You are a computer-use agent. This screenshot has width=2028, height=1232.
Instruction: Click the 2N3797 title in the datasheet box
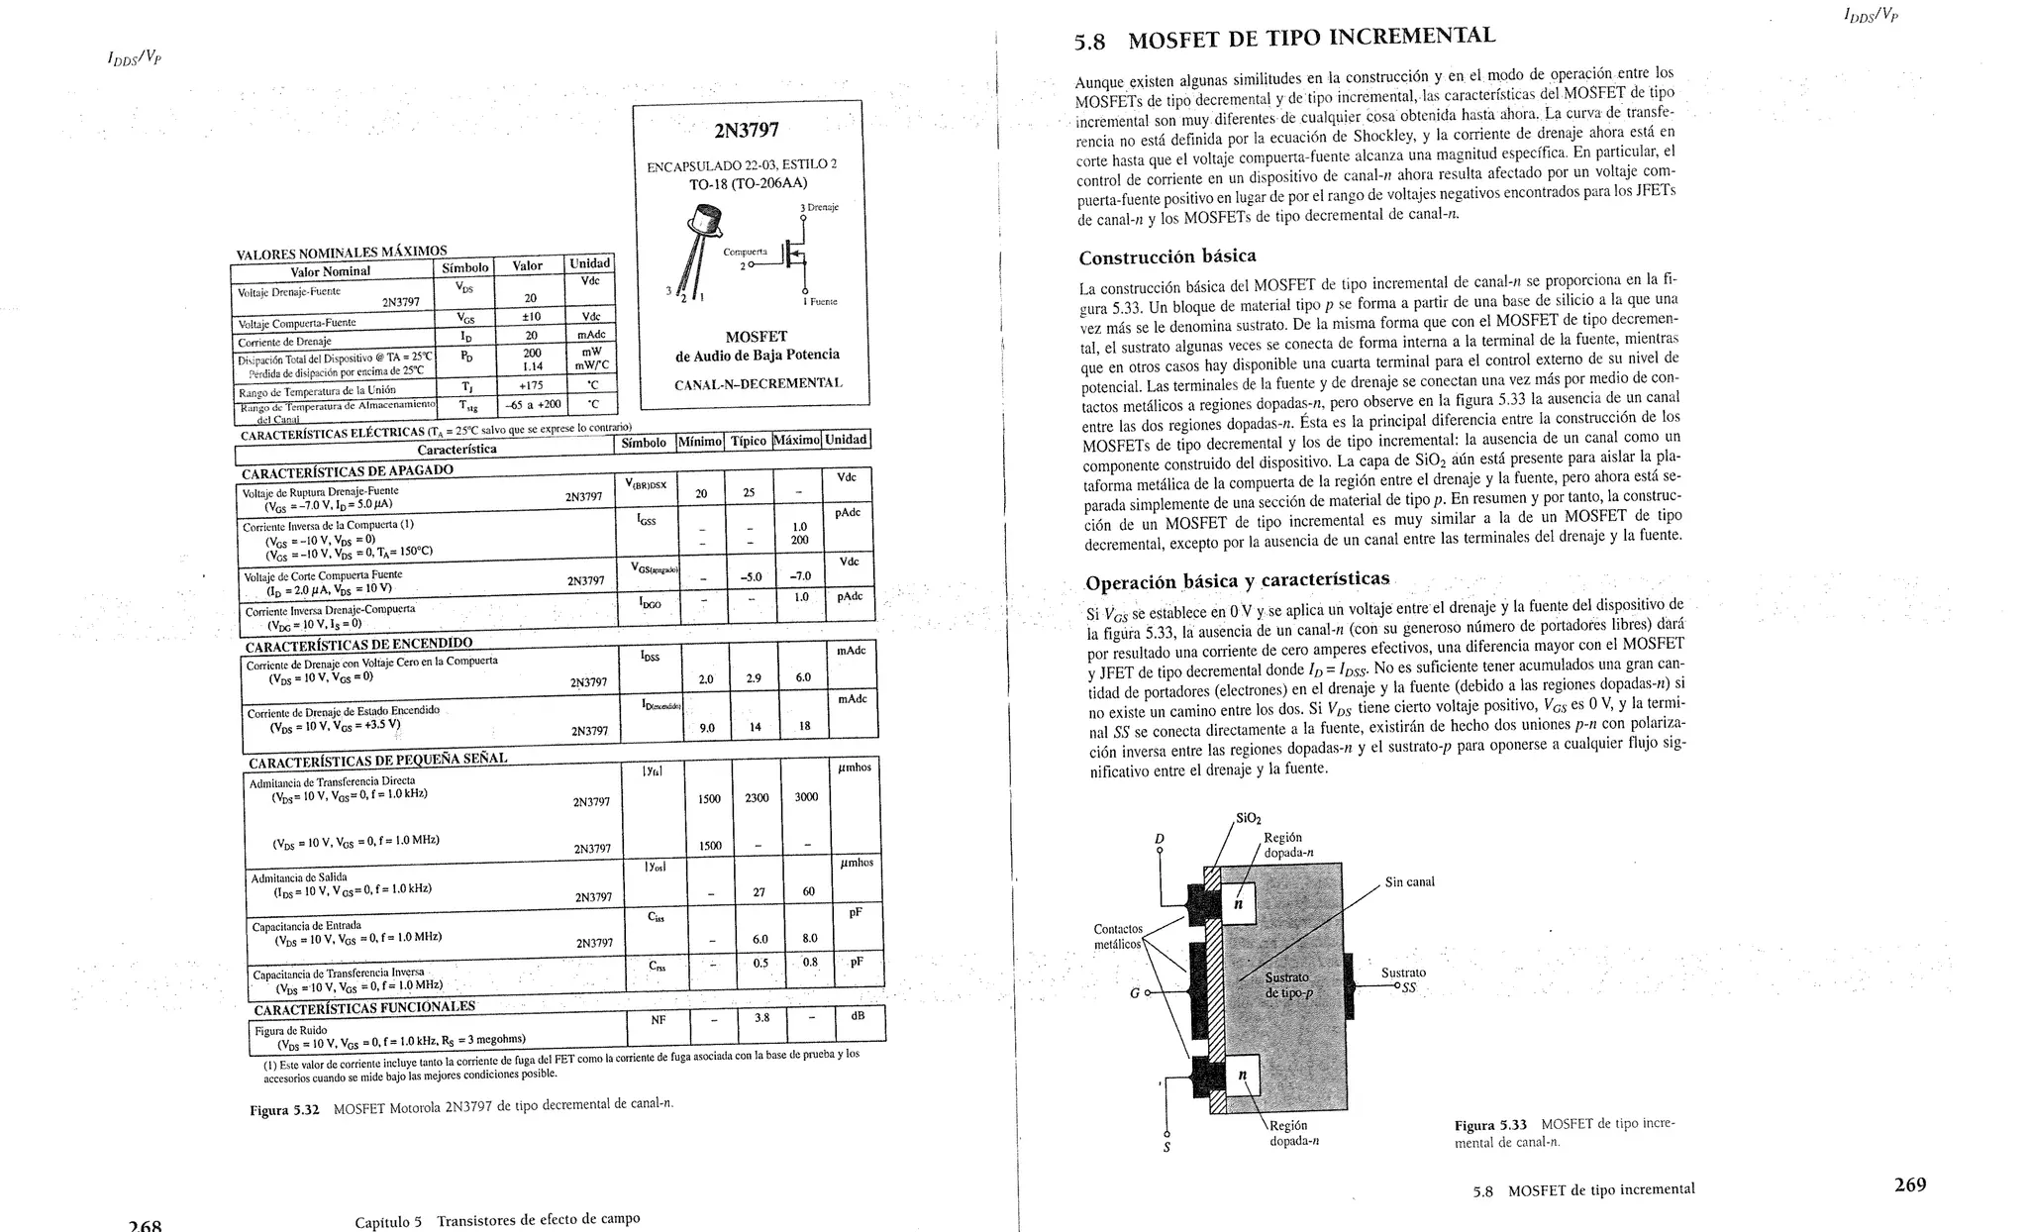pyautogui.click(x=746, y=131)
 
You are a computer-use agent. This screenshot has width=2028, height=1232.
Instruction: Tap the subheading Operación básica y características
pyautogui.click(x=1237, y=580)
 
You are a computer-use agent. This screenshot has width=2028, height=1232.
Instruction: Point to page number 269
pyautogui.click(x=1909, y=1184)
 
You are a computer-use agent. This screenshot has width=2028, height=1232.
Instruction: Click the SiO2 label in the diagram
pyautogui.click(x=1248, y=819)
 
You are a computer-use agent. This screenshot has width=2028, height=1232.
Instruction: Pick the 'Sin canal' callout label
pyautogui.click(x=1409, y=881)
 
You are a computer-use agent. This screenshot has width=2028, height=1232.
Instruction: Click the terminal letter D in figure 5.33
pyautogui.click(x=1160, y=839)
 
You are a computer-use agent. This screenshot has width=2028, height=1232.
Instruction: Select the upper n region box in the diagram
pyautogui.click(x=1238, y=903)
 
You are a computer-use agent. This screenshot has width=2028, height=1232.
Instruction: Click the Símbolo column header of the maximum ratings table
pyautogui.click(x=464, y=267)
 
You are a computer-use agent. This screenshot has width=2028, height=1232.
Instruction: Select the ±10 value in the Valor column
pyautogui.click(x=531, y=317)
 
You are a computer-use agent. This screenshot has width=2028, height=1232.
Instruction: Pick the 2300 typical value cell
pyautogui.click(x=757, y=797)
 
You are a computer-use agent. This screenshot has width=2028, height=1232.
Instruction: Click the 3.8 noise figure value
pyautogui.click(x=761, y=1017)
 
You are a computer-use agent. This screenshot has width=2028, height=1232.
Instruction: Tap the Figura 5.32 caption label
pyautogui.click(x=284, y=1110)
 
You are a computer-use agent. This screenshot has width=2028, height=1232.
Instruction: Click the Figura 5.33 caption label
pyautogui.click(x=1490, y=1126)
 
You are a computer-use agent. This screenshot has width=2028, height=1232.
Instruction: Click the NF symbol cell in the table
pyautogui.click(x=658, y=1019)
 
